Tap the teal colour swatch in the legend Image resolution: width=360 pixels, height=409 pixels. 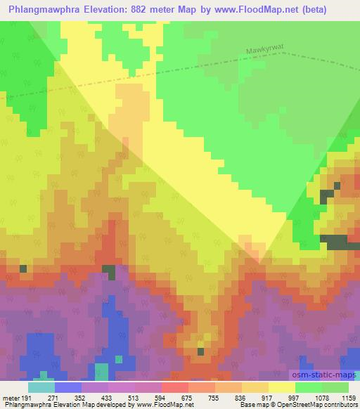coord(41,387)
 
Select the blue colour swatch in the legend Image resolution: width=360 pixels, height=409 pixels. coord(68,387)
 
